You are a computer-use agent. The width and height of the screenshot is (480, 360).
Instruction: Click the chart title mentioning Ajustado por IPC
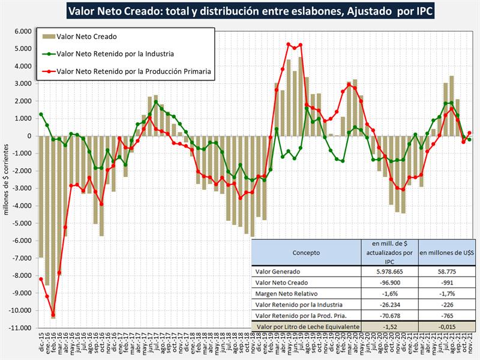click(x=240, y=10)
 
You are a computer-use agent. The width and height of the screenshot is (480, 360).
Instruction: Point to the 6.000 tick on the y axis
click(x=22, y=32)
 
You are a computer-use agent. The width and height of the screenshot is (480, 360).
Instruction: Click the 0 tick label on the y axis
click(x=29, y=136)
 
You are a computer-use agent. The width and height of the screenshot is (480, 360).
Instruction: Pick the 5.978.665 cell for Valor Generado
click(x=388, y=271)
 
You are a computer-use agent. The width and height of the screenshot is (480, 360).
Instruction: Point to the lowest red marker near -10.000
click(x=53, y=314)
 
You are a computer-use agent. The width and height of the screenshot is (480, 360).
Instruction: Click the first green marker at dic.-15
click(x=41, y=114)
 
